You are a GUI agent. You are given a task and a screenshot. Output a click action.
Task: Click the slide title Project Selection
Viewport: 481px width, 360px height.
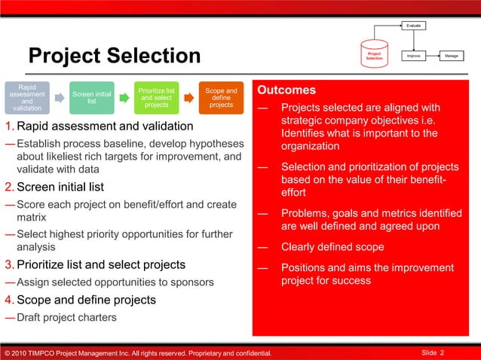click(x=114, y=56)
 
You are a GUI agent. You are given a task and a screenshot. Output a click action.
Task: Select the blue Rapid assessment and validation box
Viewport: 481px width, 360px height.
click(x=27, y=97)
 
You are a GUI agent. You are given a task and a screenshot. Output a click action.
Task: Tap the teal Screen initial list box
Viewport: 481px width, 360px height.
click(x=91, y=97)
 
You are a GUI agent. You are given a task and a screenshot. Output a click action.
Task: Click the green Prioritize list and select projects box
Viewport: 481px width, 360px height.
click(x=156, y=97)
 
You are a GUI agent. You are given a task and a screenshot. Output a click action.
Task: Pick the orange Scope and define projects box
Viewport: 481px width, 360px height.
click(x=221, y=98)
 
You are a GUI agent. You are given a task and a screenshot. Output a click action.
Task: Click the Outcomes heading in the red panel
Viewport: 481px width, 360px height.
click(x=286, y=90)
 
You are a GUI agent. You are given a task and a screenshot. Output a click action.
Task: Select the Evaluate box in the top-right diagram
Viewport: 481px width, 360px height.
click(x=414, y=26)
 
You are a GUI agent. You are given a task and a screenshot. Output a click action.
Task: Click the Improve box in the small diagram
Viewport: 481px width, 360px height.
click(x=414, y=56)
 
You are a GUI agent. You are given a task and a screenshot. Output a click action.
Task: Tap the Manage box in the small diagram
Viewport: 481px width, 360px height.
click(x=452, y=56)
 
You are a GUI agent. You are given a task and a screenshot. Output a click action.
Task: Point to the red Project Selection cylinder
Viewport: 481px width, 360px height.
click(x=374, y=55)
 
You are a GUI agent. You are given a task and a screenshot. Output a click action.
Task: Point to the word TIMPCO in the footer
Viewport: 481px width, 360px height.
click(x=45, y=354)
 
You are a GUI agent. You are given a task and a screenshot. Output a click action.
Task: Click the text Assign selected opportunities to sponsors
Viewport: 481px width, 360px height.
click(x=115, y=282)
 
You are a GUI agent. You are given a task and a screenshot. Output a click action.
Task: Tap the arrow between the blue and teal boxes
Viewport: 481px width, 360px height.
click(x=60, y=98)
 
